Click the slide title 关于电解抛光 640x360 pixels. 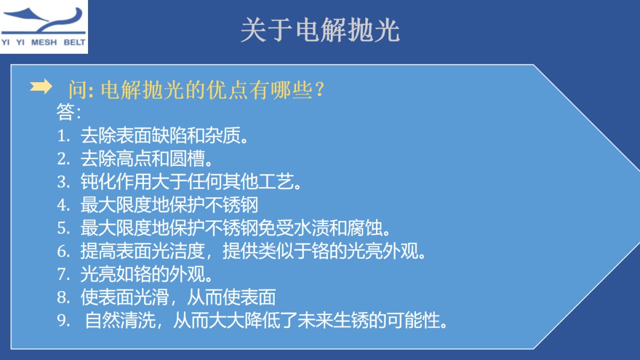click(319, 31)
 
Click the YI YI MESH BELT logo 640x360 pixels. click(44, 27)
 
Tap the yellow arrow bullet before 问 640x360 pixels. click(41, 87)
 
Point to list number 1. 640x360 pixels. click(63, 136)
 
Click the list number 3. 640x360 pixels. click(63, 182)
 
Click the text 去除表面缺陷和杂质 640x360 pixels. click(163, 136)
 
